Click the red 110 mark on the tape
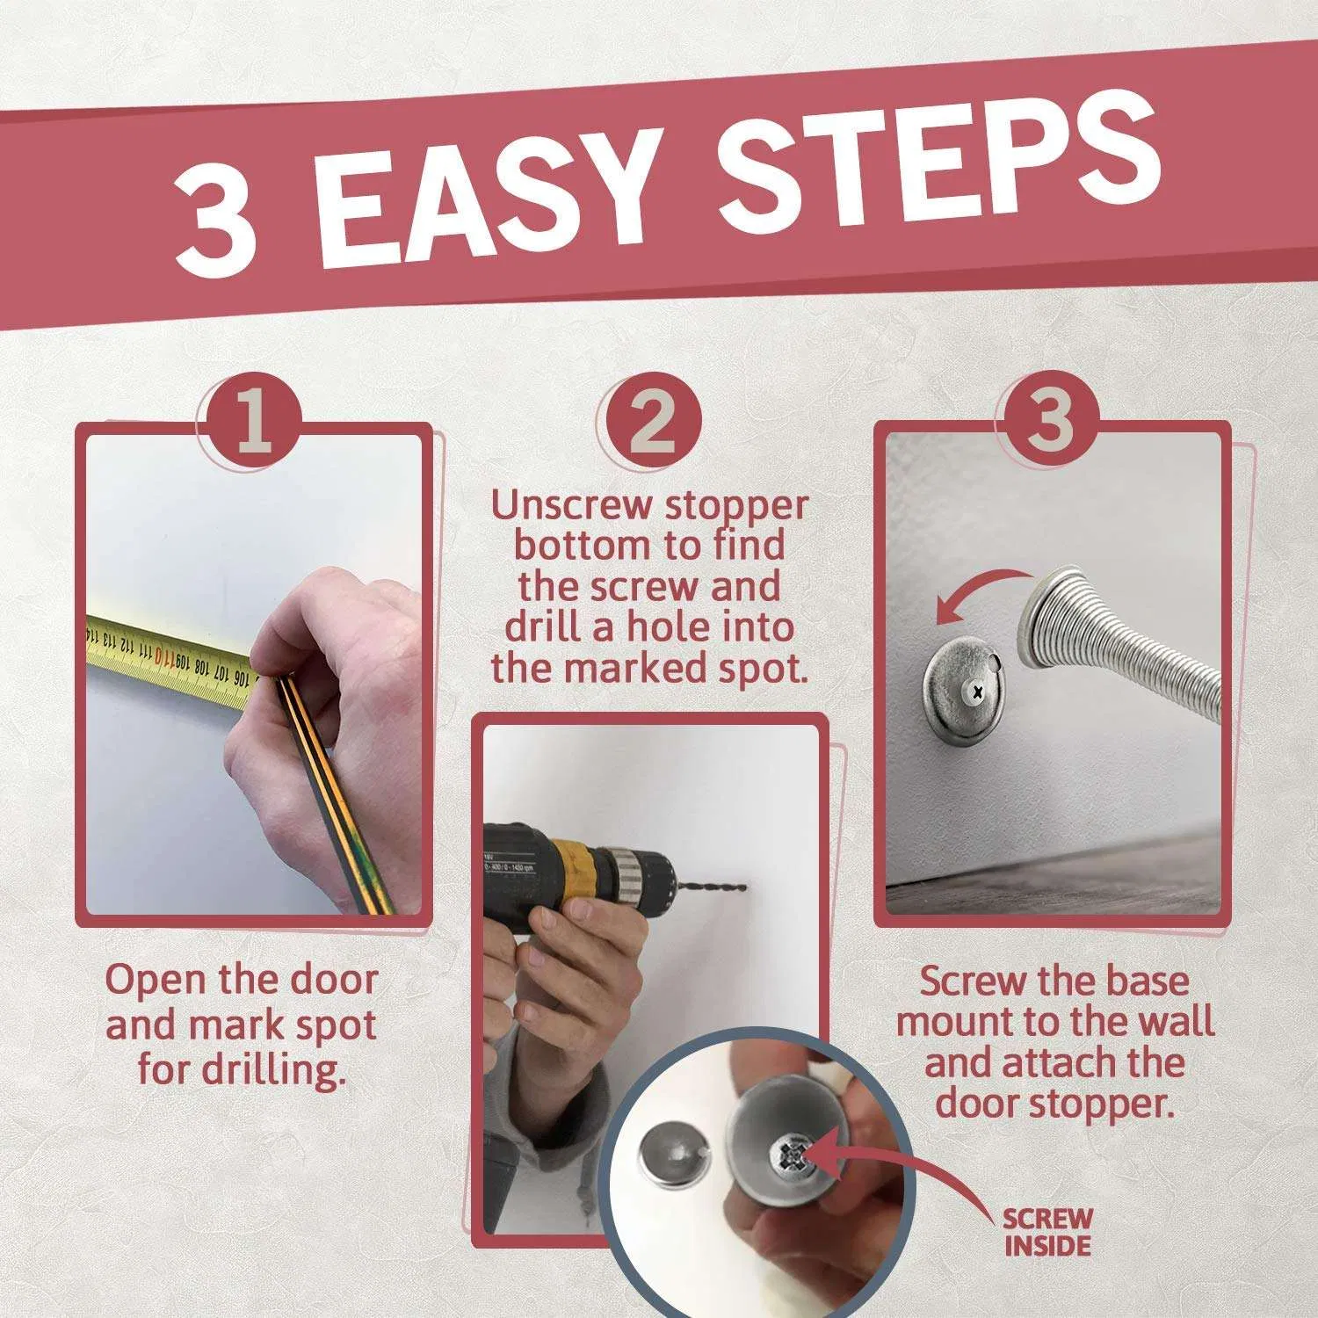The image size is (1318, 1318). pos(164,656)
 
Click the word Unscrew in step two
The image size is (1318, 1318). pos(572,507)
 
